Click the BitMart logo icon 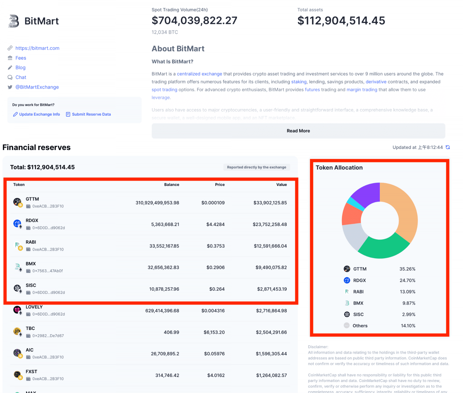click(x=14, y=21)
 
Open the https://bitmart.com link click(x=37, y=48)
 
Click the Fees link click(x=21, y=58)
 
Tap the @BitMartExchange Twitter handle click(x=37, y=87)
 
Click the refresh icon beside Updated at click(x=448, y=147)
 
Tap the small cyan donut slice click(x=352, y=204)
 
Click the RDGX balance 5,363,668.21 click(x=165, y=225)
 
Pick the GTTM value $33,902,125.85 click(x=270, y=203)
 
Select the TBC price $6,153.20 click(x=214, y=332)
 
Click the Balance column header click(x=172, y=185)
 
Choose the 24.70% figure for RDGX click(x=407, y=280)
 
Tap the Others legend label click(x=360, y=326)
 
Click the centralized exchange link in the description click(x=199, y=74)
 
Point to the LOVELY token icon click(x=17, y=310)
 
